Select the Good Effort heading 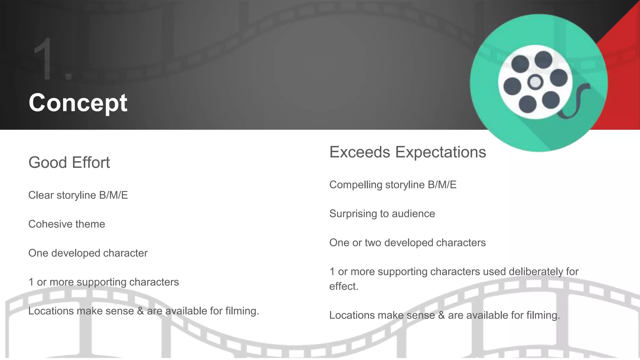point(69,162)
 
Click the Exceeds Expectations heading point(407,152)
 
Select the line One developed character point(88,253)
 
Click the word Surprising point(353,214)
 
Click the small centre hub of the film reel point(535,82)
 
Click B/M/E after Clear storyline point(113,195)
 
